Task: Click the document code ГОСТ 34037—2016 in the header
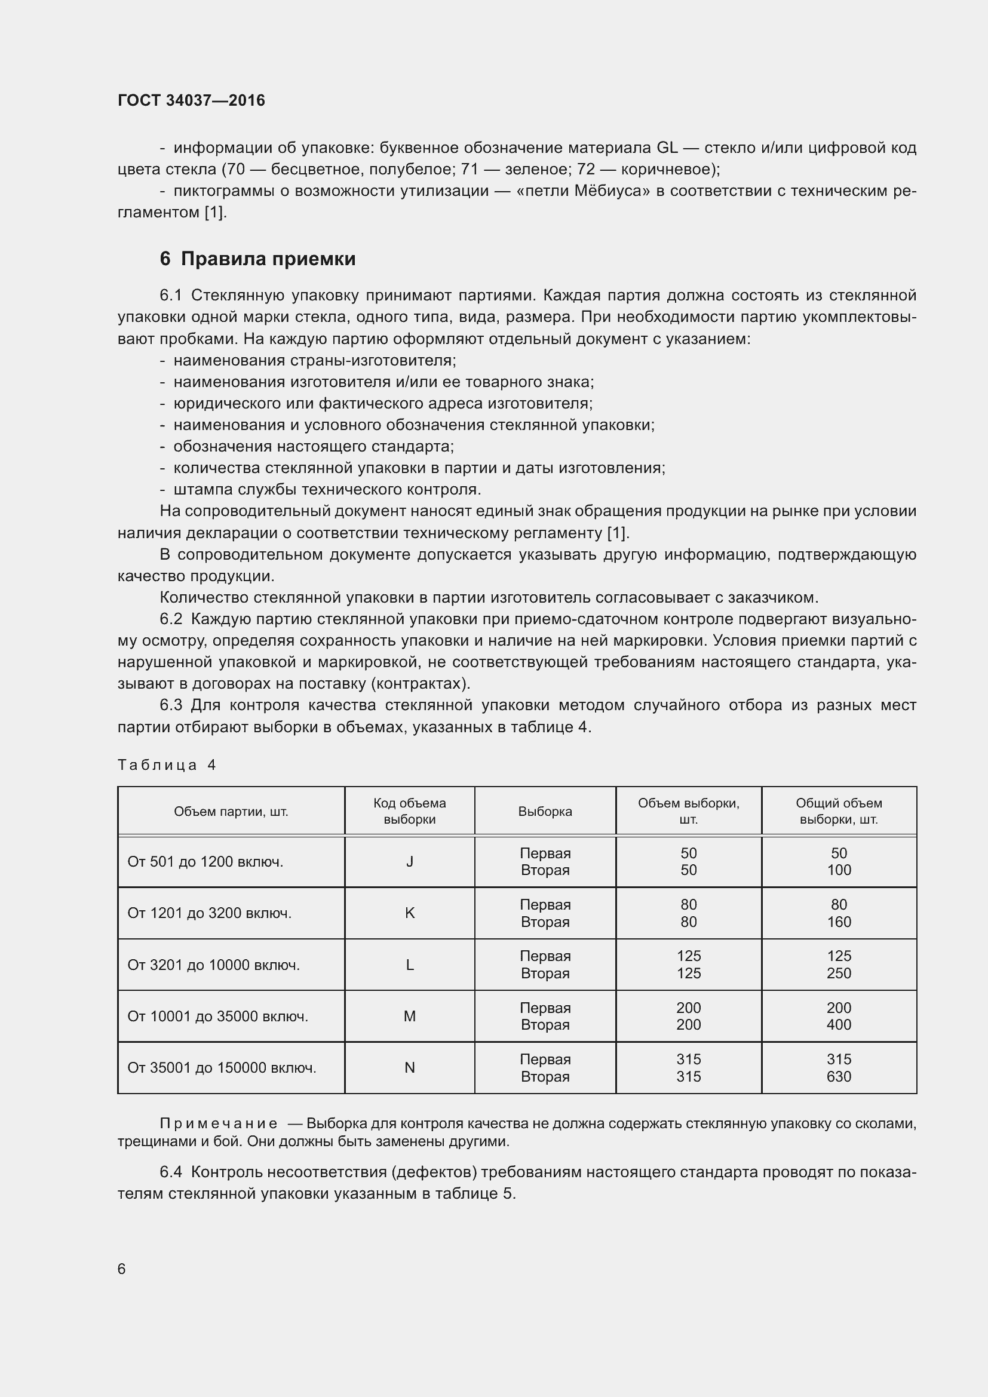tap(191, 100)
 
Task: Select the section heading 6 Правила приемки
tap(257, 259)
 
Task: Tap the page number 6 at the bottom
tap(122, 1269)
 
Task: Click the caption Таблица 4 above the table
tap(167, 765)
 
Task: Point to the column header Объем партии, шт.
tap(231, 811)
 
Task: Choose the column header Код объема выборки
tap(409, 811)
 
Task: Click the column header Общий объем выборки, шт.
tap(838, 811)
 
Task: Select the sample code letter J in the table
tap(409, 862)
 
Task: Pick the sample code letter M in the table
tap(409, 1016)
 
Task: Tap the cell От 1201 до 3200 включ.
tap(209, 913)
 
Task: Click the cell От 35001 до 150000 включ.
tap(222, 1068)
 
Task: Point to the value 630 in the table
tap(838, 1076)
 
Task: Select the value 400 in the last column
tap(838, 1025)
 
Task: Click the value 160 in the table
tap(838, 922)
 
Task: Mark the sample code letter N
tap(409, 1068)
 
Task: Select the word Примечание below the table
tap(219, 1123)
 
